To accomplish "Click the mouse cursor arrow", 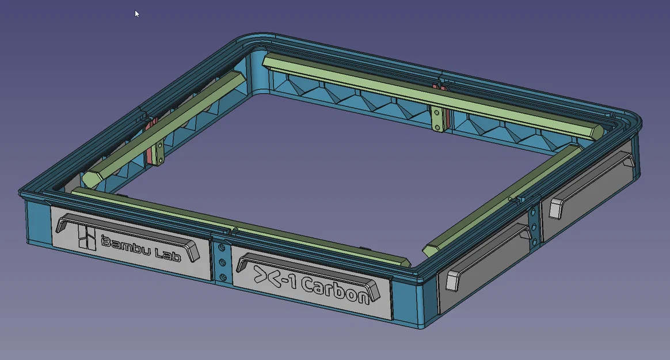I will coord(137,13).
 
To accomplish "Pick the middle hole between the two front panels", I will coord(221,263).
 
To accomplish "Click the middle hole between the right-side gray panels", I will coord(535,226).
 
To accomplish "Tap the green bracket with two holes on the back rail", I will coord(439,118).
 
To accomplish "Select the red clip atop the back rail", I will coord(439,86).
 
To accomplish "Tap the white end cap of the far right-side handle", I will coord(556,208).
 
